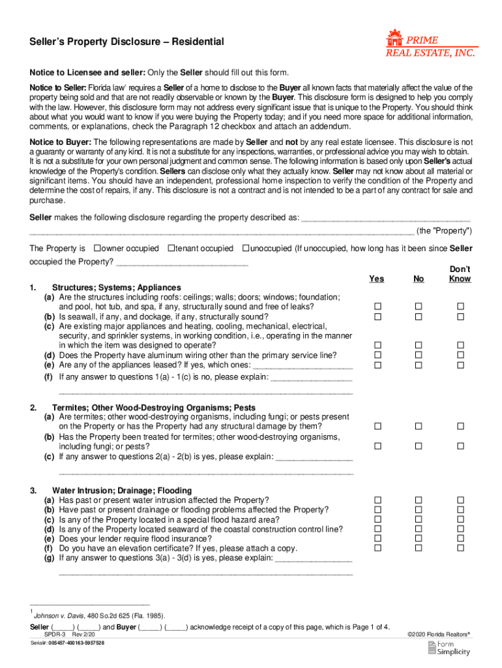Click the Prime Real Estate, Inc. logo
point(430,44)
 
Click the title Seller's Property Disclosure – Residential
point(127,42)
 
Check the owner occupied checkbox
point(97,249)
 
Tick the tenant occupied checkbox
point(171,249)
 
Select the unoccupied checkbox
point(245,249)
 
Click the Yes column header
point(376,279)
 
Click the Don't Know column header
point(460,274)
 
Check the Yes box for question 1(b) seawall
point(377,316)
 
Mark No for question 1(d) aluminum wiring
point(419,356)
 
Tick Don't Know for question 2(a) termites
point(460,426)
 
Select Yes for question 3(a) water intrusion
point(377,500)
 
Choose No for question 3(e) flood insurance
point(419,539)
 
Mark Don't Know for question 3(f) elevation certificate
point(460,549)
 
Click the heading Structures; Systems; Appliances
point(117,288)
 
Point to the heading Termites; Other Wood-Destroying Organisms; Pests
point(154,407)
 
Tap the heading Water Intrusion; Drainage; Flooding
point(122,491)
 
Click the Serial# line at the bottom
point(67,643)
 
